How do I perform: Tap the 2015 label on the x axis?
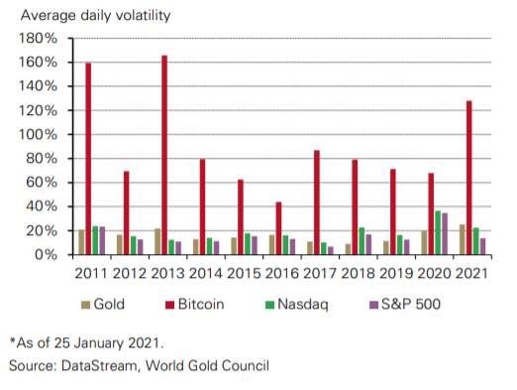pos(244,272)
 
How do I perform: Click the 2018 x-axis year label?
pos(358,272)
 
